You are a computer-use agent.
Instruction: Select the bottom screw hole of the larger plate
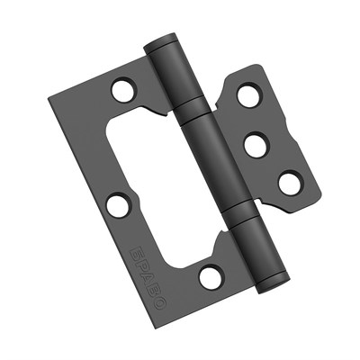[x=211, y=277]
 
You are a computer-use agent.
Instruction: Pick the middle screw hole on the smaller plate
[x=257, y=144]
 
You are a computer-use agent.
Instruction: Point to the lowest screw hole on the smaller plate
[x=288, y=183]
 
